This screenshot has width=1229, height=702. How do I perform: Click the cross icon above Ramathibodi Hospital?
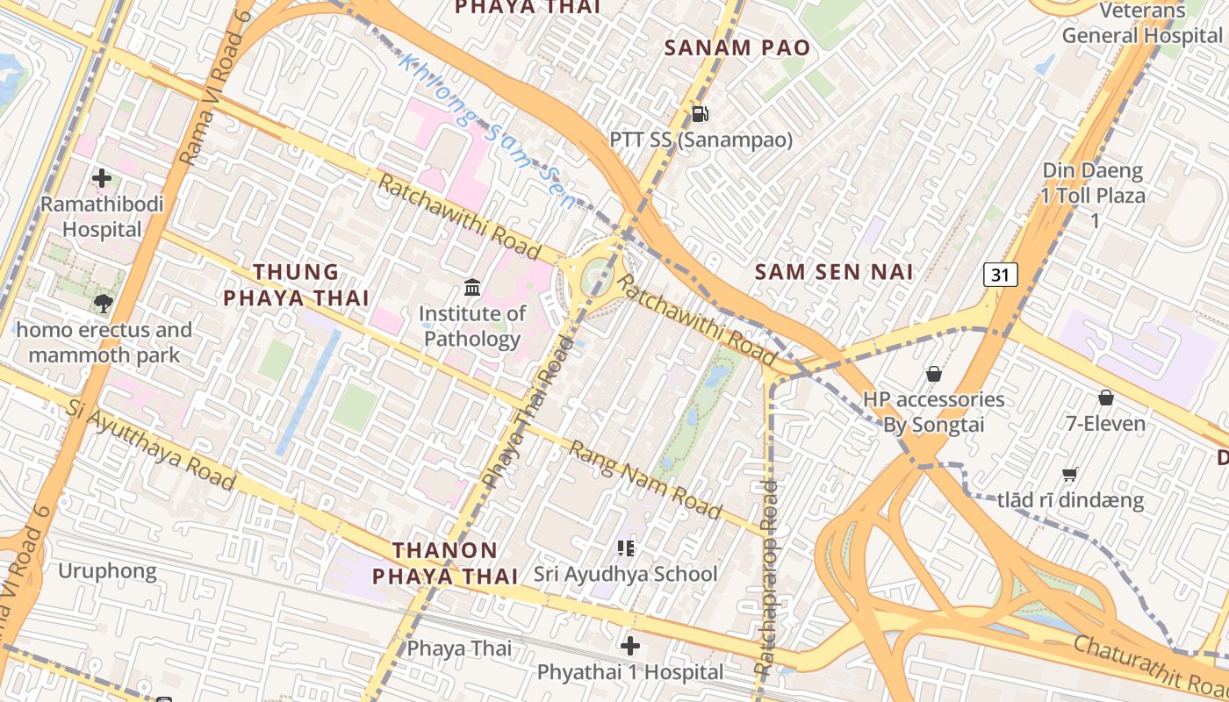pos(102,178)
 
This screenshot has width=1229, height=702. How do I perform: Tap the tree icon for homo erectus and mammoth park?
pos(104,304)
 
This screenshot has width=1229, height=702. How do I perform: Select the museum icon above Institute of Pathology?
pos(472,287)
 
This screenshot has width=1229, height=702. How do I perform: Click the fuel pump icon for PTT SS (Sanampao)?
pos(700,113)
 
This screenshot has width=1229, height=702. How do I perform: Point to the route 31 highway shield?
pos(1000,275)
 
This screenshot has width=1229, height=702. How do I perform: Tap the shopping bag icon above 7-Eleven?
pos(1106,398)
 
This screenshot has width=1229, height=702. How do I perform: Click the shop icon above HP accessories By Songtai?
pos(934,374)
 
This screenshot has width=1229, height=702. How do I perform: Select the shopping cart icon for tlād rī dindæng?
pos(1070,475)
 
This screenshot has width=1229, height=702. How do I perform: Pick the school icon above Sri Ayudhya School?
pos(626,548)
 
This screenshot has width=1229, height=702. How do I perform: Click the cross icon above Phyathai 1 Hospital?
pos(630,647)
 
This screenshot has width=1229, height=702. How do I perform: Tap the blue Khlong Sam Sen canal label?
pos(488,132)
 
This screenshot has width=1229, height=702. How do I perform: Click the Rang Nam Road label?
pos(645,480)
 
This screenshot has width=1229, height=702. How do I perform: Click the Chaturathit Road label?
pos(1150,664)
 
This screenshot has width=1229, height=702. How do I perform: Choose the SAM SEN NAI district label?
pos(834,272)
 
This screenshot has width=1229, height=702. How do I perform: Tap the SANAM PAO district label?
pos(737,47)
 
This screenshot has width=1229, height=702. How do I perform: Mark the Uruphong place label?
pos(107,571)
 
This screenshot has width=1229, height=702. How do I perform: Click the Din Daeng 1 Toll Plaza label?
pos(1094,195)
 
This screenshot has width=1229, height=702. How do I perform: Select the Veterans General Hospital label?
pos(1141,24)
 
